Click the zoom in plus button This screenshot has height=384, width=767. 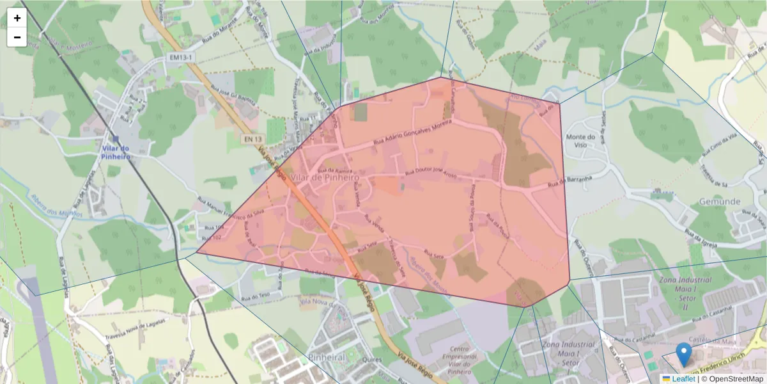[17, 18]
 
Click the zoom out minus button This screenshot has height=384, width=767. [17, 37]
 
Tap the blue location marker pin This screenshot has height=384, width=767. [684, 354]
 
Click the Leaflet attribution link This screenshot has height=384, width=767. [683, 379]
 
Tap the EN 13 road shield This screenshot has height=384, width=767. [252, 138]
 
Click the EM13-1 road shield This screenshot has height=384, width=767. [180, 58]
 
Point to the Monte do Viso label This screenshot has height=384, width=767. [580, 141]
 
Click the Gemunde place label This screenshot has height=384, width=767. [719, 201]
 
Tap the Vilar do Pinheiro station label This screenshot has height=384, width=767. [116, 152]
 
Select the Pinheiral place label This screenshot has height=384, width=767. [326, 356]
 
